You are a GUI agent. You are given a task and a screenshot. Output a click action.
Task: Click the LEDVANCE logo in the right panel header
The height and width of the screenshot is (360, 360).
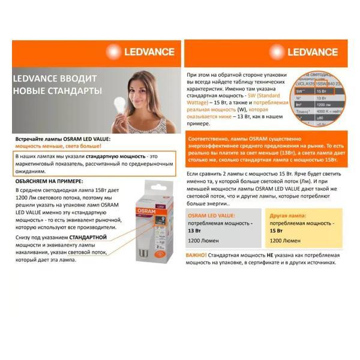(x=312, y=52)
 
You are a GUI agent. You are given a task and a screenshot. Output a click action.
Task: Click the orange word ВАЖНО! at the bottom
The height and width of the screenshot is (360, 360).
(x=196, y=255)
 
